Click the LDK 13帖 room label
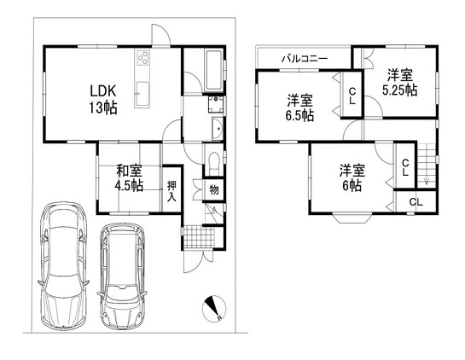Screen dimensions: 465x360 click(103, 99)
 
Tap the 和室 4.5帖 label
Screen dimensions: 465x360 click(129, 178)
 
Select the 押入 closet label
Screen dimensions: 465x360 click(171, 191)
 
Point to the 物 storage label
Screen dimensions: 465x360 click(214, 189)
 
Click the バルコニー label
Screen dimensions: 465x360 click(305, 58)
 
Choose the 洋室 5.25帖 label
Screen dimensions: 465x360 click(400, 83)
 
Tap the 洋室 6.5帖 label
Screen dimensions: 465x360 click(299, 108)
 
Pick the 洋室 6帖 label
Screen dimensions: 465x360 click(352, 178)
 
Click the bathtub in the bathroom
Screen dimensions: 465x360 click(213, 71)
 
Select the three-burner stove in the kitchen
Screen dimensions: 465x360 click(142, 57)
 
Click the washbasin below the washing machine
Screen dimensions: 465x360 click(218, 129)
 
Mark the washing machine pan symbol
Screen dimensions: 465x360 click(216, 104)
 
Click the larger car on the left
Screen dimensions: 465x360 click(63, 264)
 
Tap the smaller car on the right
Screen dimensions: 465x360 click(122, 276)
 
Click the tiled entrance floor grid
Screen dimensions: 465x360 click(199, 236)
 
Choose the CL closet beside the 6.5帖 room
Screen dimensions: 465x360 click(352, 96)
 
